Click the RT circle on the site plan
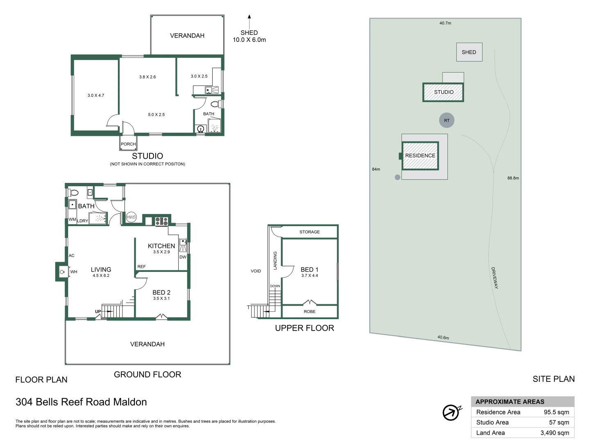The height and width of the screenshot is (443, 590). [x=447, y=120]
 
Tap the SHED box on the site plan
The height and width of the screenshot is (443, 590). [x=469, y=52]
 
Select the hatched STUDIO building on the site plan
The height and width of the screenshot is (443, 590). [x=443, y=92]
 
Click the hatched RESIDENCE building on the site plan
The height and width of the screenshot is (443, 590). [x=420, y=155]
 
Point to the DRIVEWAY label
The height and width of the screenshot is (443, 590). [x=495, y=278]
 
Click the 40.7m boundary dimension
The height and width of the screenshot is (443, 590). [x=445, y=23]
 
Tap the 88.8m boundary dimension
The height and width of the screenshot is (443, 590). [x=513, y=178]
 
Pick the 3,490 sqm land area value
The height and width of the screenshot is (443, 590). [x=554, y=433]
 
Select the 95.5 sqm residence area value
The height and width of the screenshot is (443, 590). [x=556, y=412]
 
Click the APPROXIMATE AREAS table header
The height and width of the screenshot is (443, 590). [x=510, y=402]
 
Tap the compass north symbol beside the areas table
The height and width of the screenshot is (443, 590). [x=452, y=412]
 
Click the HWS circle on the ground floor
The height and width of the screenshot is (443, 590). [x=131, y=217]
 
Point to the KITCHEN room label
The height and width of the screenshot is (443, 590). [x=161, y=246]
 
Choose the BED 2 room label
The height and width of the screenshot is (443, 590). [x=161, y=292]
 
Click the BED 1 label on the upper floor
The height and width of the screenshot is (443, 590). [x=309, y=269]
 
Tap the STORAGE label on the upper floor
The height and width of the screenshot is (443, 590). [x=309, y=232]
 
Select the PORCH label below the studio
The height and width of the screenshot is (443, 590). [x=128, y=144]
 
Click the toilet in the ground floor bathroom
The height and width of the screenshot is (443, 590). [x=74, y=192]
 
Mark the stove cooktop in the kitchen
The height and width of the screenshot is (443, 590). [x=161, y=221]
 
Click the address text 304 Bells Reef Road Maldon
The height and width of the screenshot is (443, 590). [x=81, y=402]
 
